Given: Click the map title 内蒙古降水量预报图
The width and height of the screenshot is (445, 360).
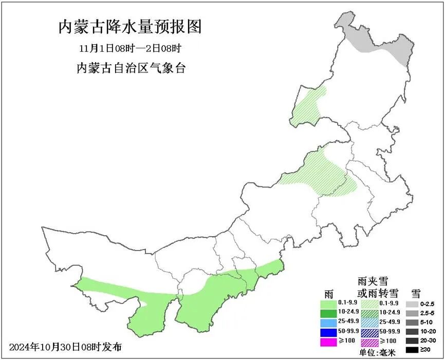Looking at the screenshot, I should coord(129,27).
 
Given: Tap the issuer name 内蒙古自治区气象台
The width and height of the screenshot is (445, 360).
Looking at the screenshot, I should coord(130,68).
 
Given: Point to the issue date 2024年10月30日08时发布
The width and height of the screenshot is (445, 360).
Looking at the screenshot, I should coord(66,347).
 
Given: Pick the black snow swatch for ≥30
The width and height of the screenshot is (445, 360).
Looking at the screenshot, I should coord(411,350).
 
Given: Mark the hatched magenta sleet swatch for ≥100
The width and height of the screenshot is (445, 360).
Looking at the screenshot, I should coord(370,342).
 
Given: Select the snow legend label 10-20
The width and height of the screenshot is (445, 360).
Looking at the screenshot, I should coord(427,331).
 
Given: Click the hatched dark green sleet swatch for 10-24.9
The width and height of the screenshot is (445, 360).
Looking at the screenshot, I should coord(370,313).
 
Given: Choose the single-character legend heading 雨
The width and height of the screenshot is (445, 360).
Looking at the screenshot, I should coord(329,294).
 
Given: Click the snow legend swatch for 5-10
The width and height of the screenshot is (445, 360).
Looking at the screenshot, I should coord(411,323).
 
